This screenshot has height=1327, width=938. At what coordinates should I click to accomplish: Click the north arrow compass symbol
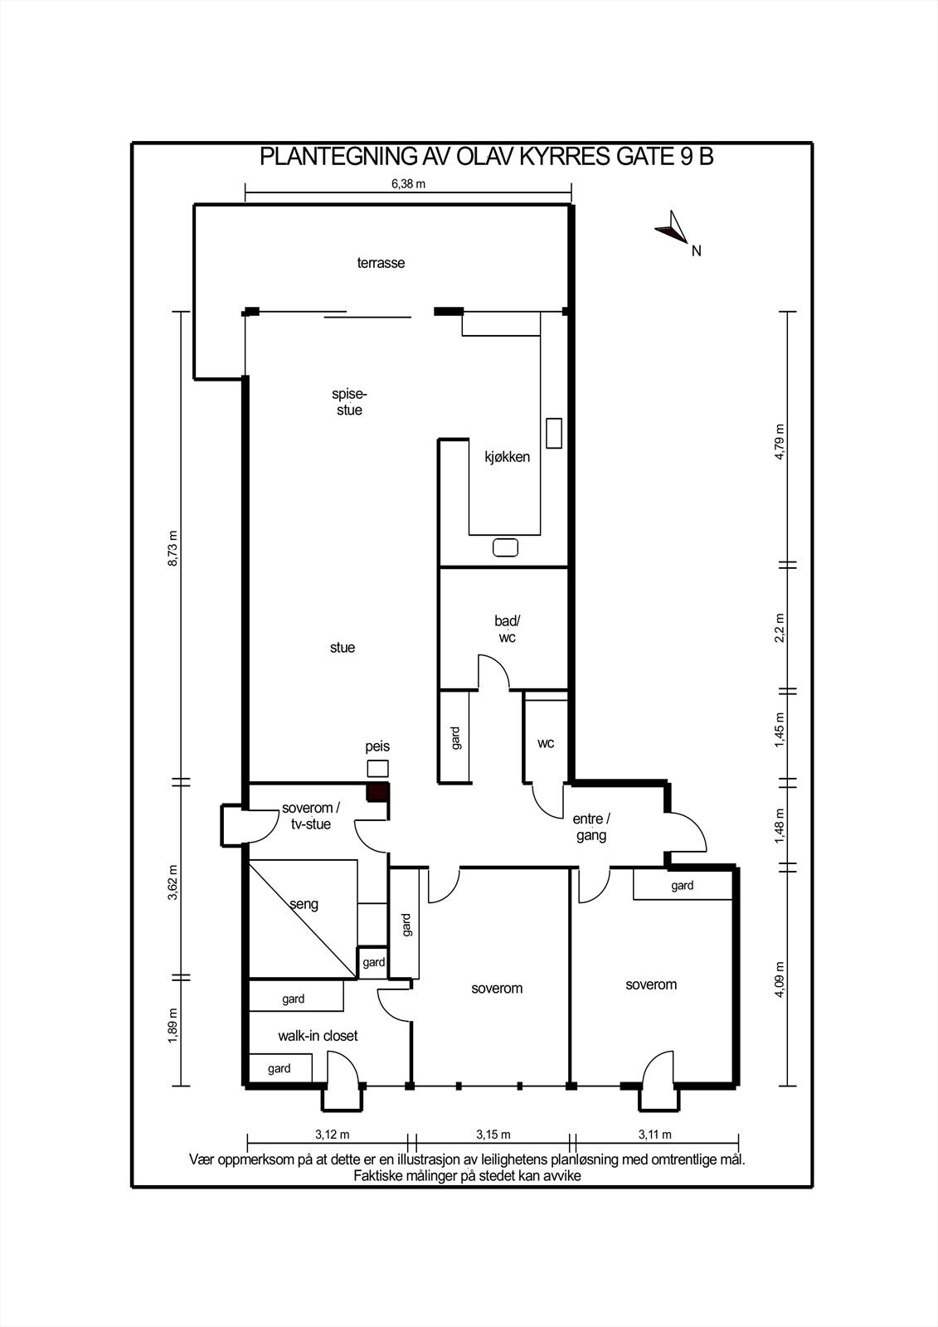672,227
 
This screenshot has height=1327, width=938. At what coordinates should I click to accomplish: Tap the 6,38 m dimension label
408,183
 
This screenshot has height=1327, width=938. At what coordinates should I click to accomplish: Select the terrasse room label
381,263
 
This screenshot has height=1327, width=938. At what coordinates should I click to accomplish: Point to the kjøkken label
508,457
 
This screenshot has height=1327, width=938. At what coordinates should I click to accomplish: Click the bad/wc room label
508,629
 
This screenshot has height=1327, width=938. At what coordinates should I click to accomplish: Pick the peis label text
377,747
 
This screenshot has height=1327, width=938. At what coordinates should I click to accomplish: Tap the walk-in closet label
318,1036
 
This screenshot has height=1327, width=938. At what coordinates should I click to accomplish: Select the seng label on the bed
304,905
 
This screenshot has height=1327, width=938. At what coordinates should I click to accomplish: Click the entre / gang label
591,828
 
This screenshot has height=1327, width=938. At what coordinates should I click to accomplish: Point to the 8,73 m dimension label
173,548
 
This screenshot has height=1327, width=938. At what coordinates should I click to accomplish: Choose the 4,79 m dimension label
780,442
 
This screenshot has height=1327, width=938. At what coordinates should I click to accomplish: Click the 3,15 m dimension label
493,1135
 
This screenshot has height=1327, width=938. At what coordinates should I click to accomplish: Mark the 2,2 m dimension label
780,628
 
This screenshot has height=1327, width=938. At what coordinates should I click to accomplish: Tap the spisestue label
350,402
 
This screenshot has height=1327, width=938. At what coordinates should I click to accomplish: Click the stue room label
343,648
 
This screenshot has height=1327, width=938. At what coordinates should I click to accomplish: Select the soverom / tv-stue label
310,816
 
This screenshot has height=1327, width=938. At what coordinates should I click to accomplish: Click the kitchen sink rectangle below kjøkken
505,547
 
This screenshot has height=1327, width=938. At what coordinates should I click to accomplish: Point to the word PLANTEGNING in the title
338,157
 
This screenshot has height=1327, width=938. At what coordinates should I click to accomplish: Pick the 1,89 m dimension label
173,1026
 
